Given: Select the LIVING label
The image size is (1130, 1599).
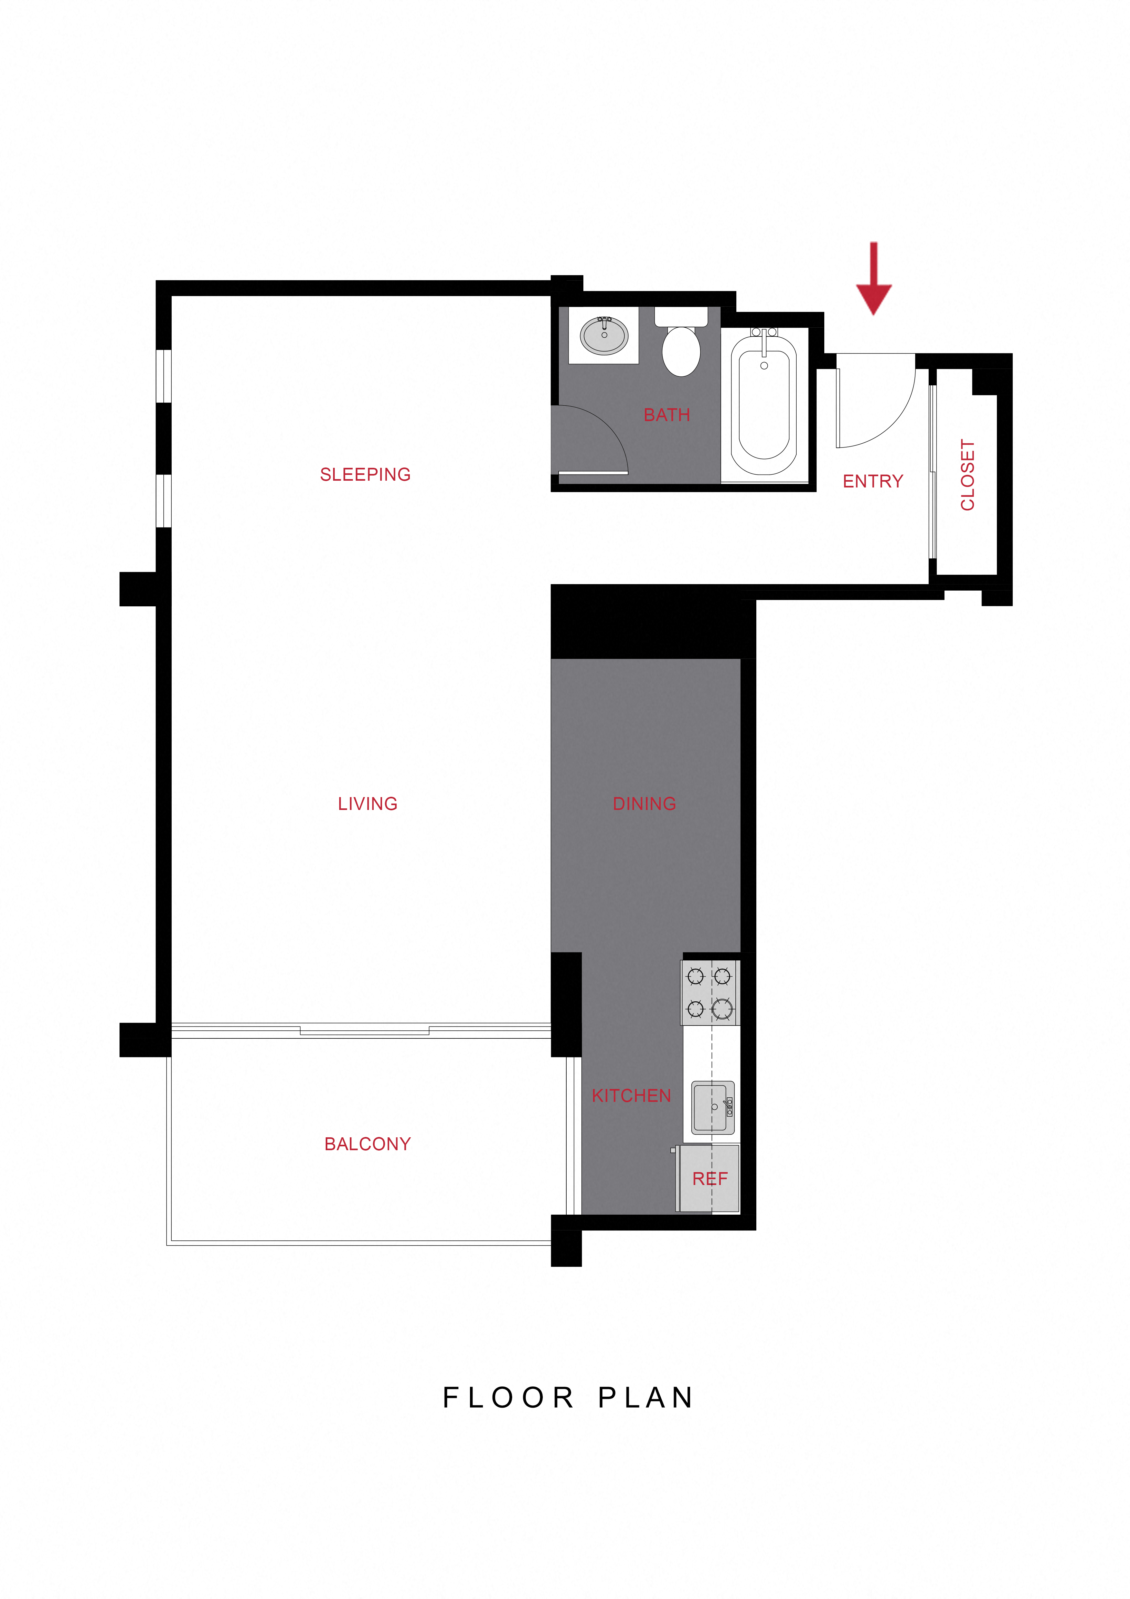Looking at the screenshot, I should pyautogui.click(x=368, y=804).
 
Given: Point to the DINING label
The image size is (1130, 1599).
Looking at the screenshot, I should pyautogui.click(x=644, y=804).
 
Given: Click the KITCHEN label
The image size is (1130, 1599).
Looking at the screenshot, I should pyautogui.click(x=631, y=1095).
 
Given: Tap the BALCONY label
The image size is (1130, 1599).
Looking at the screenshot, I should pyautogui.click(x=368, y=1143).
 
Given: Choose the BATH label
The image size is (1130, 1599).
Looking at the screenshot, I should pyautogui.click(x=666, y=415).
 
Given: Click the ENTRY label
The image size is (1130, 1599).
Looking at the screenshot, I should pyautogui.click(x=872, y=481).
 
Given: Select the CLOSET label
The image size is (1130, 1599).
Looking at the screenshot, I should pyautogui.click(x=967, y=475).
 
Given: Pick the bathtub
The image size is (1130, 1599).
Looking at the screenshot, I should pyautogui.click(x=764, y=404).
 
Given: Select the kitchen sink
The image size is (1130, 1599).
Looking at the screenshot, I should pyautogui.click(x=712, y=1107).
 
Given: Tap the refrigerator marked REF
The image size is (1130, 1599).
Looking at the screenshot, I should pyautogui.click(x=708, y=1178).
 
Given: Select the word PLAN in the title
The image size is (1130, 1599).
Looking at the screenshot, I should pyautogui.click(x=646, y=1397).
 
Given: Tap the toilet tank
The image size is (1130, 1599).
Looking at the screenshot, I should pyautogui.click(x=681, y=317).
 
